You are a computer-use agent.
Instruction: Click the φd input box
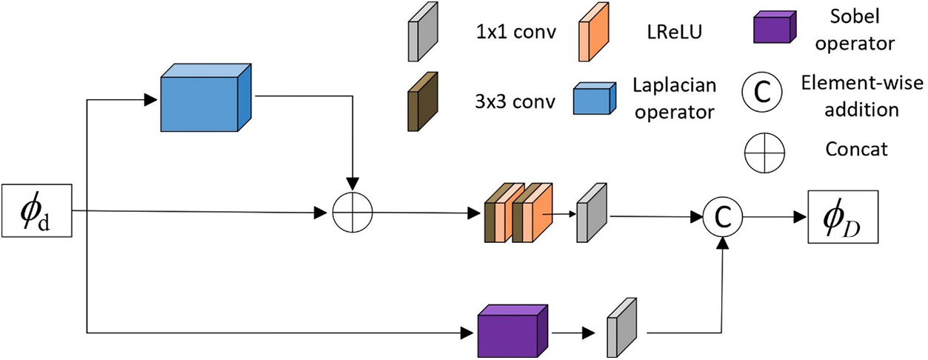pos(37,210)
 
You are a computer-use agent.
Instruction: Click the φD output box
pos(843,216)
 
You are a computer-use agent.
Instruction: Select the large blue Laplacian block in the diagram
pos(206,98)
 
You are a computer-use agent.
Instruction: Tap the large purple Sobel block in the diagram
pos(513,331)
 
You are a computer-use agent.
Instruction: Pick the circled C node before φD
pos(723,216)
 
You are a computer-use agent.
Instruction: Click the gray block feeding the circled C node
pos(592,213)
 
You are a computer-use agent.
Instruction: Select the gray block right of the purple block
pos(622,327)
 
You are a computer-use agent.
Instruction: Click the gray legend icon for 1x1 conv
pos(423,32)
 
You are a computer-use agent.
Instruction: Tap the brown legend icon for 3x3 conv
pos(423,101)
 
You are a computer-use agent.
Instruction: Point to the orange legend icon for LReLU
pos(594,32)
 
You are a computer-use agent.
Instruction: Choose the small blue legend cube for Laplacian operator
pos(595,99)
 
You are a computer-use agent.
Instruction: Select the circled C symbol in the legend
pos(762,92)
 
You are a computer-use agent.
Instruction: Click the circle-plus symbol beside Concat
pos(764,153)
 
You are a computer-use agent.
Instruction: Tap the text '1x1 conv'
pos(515,32)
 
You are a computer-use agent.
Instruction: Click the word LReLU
pos(675,32)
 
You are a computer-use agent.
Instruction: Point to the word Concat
pos(856,149)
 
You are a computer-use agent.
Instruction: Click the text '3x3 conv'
pos(515,101)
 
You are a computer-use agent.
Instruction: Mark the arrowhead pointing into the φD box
pos(801,216)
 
